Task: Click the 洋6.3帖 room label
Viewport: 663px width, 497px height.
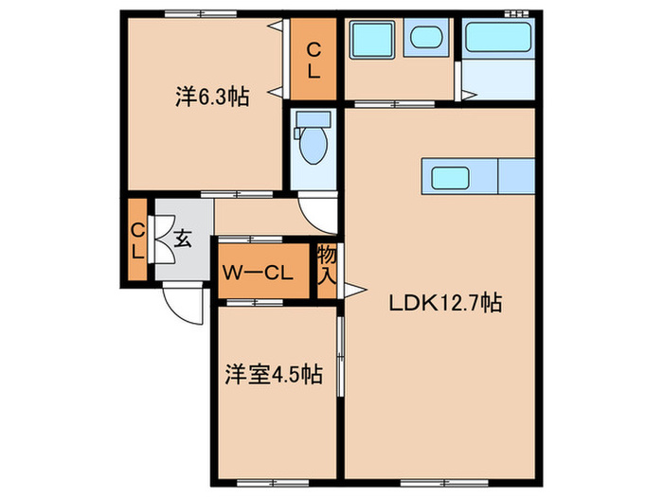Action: click(211, 96)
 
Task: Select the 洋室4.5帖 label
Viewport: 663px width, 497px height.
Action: click(273, 374)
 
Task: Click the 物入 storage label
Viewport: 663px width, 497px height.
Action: click(327, 267)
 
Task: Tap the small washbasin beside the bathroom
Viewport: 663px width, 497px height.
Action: click(424, 40)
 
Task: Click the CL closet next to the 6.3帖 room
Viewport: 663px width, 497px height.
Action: click(313, 59)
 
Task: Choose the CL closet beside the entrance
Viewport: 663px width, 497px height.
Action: click(138, 240)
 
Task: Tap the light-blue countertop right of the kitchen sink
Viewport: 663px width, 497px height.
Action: click(516, 176)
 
